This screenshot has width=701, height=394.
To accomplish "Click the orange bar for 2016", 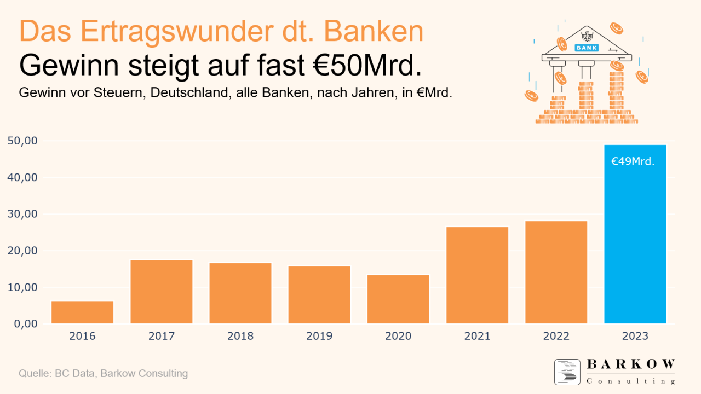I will (82, 312).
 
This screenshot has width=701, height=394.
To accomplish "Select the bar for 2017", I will (162, 292).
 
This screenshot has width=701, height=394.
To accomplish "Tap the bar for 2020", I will (398, 299).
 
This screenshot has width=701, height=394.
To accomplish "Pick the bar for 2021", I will (477, 275).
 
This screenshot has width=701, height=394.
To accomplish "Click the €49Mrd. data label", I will (633, 161).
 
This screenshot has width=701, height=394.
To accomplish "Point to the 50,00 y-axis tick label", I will (23, 141).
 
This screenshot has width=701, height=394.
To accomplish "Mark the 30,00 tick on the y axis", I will (23, 214).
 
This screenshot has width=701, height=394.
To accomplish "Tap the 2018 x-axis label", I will (240, 336).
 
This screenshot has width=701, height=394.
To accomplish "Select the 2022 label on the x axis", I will (556, 336).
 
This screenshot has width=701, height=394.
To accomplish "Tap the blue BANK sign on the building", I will (587, 48).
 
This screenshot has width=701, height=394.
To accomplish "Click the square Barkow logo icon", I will (567, 372).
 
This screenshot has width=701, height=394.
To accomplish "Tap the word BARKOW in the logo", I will (631, 364).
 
